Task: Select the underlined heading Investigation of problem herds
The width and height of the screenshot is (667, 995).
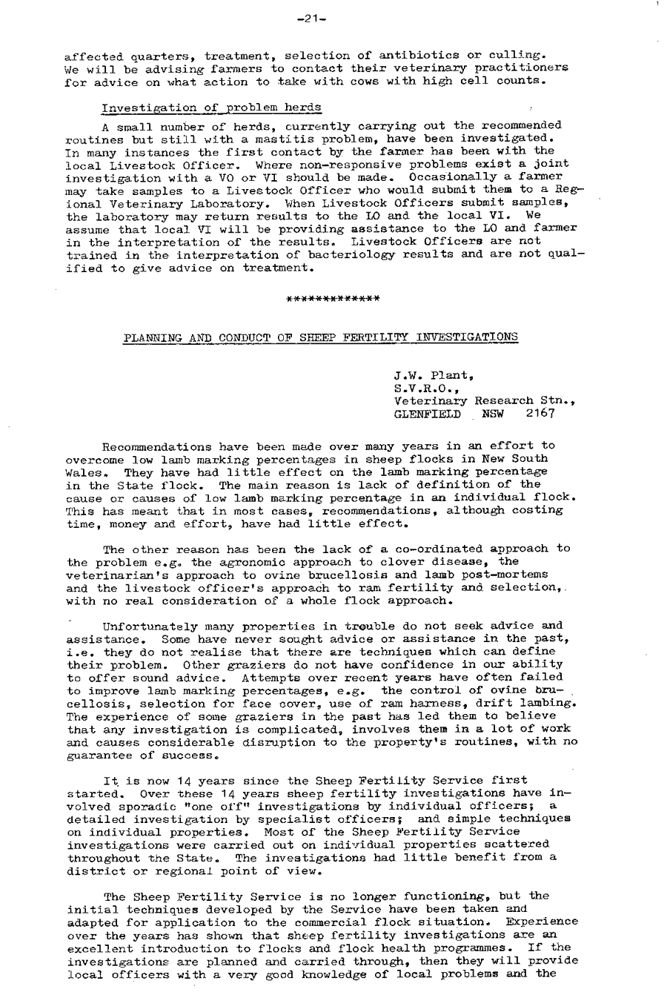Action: point(211,108)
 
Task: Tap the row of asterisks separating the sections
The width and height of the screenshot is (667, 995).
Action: point(333,299)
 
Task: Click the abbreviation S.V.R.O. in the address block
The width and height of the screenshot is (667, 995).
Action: point(420,389)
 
